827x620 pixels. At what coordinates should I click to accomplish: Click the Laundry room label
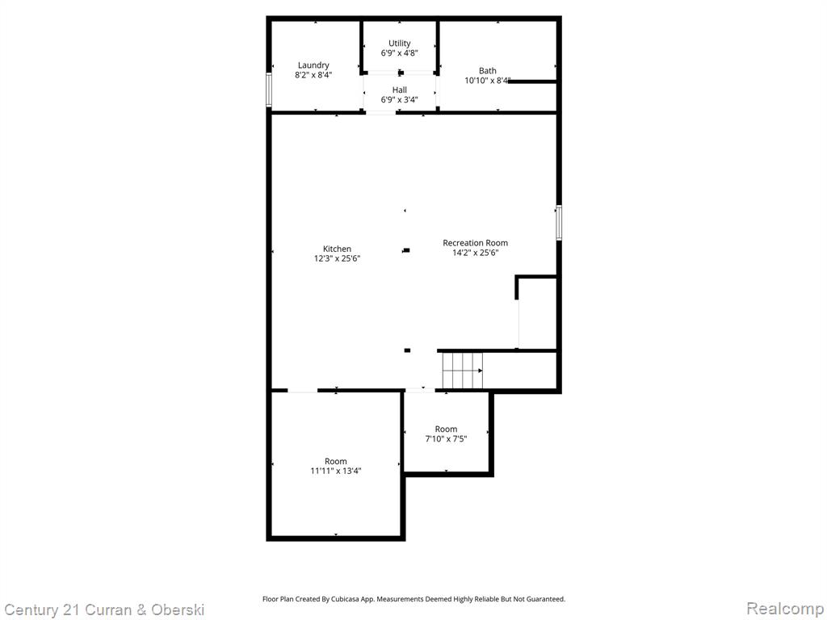click(x=313, y=65)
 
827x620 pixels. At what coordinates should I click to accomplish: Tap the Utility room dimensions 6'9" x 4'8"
click(x=399, y=53)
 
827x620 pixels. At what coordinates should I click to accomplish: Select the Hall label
click(x=399, y=90)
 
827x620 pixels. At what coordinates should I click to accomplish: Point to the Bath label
click(x=487, y=71)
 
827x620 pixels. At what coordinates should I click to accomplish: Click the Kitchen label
click(x=337, y=249)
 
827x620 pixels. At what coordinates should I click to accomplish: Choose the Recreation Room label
click(x=475, y=243)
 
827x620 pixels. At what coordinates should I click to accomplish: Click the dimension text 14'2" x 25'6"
click(x=475, y=253)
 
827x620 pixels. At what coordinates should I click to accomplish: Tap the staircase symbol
click(x=463, y=371)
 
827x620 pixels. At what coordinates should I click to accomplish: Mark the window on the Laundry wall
click(x=269, y=90)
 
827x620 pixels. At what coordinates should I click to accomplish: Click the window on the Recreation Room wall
click(x=559, y=223)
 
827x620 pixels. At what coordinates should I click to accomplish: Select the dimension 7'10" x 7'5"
click(x=446, y=438)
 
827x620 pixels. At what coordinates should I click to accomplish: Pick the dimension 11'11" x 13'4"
click(x=335, y=471)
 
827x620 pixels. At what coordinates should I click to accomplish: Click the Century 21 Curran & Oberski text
click(x=104, y=610)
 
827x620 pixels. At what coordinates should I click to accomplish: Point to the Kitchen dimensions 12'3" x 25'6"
click(x=337, y=258)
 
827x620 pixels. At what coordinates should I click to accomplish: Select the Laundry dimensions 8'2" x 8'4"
click(x=313, y=75)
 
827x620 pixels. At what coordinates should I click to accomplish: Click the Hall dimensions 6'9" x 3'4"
click(x=399, y=99)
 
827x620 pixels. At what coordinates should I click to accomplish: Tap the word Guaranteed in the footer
click(x=546, y=599)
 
